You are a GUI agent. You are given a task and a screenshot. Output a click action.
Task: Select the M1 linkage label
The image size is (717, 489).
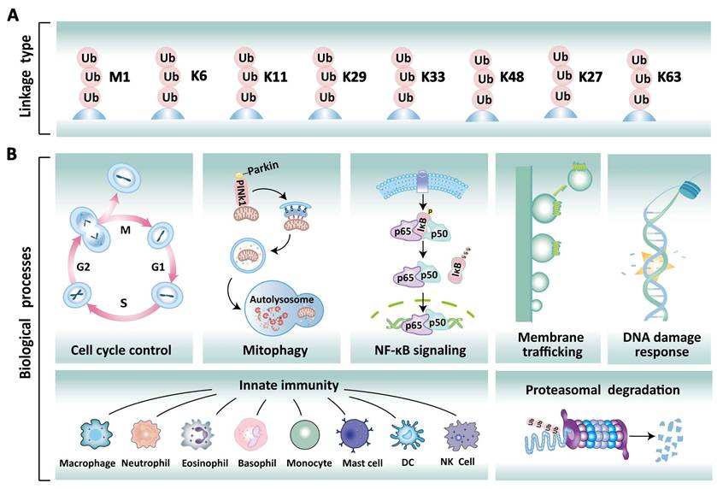[x=119, y=78]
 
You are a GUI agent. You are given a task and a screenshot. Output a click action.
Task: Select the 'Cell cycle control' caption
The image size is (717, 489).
[x=122, y=350]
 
